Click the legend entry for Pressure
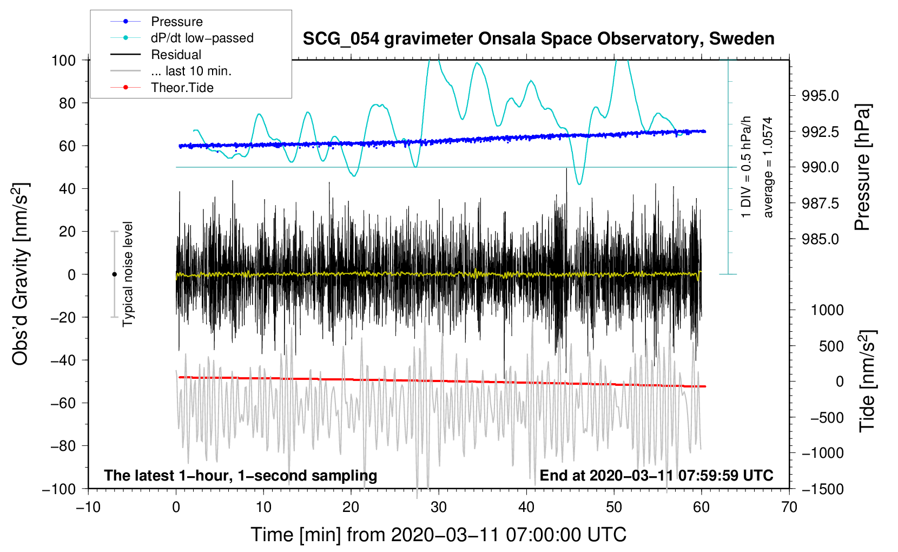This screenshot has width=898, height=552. (176, 22)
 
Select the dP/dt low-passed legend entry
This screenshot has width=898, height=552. (202, 38)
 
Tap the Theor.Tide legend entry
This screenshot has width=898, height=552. (182, 88)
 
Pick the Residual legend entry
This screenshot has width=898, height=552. (176, 55)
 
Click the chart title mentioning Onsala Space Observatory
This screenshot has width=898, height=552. (538, 39)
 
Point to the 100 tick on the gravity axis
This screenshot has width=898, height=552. (63, 60)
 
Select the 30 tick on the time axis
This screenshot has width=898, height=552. (439, 508)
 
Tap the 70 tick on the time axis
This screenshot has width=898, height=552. (789, 508)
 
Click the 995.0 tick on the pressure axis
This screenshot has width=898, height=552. (821, 96)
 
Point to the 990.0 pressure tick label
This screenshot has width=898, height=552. (821, 167)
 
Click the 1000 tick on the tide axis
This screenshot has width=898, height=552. (827, 310)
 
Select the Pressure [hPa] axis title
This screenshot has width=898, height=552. (863, 167)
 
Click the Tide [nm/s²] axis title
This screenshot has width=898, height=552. (868, 381)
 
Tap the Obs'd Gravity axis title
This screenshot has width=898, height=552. (20, 274)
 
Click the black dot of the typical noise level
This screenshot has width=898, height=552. (114, 274)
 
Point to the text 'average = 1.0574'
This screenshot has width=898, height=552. (768, 167)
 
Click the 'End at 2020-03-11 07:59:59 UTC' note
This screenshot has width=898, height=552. (656, 476)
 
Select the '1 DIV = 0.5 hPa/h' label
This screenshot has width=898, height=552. (747, 167)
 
